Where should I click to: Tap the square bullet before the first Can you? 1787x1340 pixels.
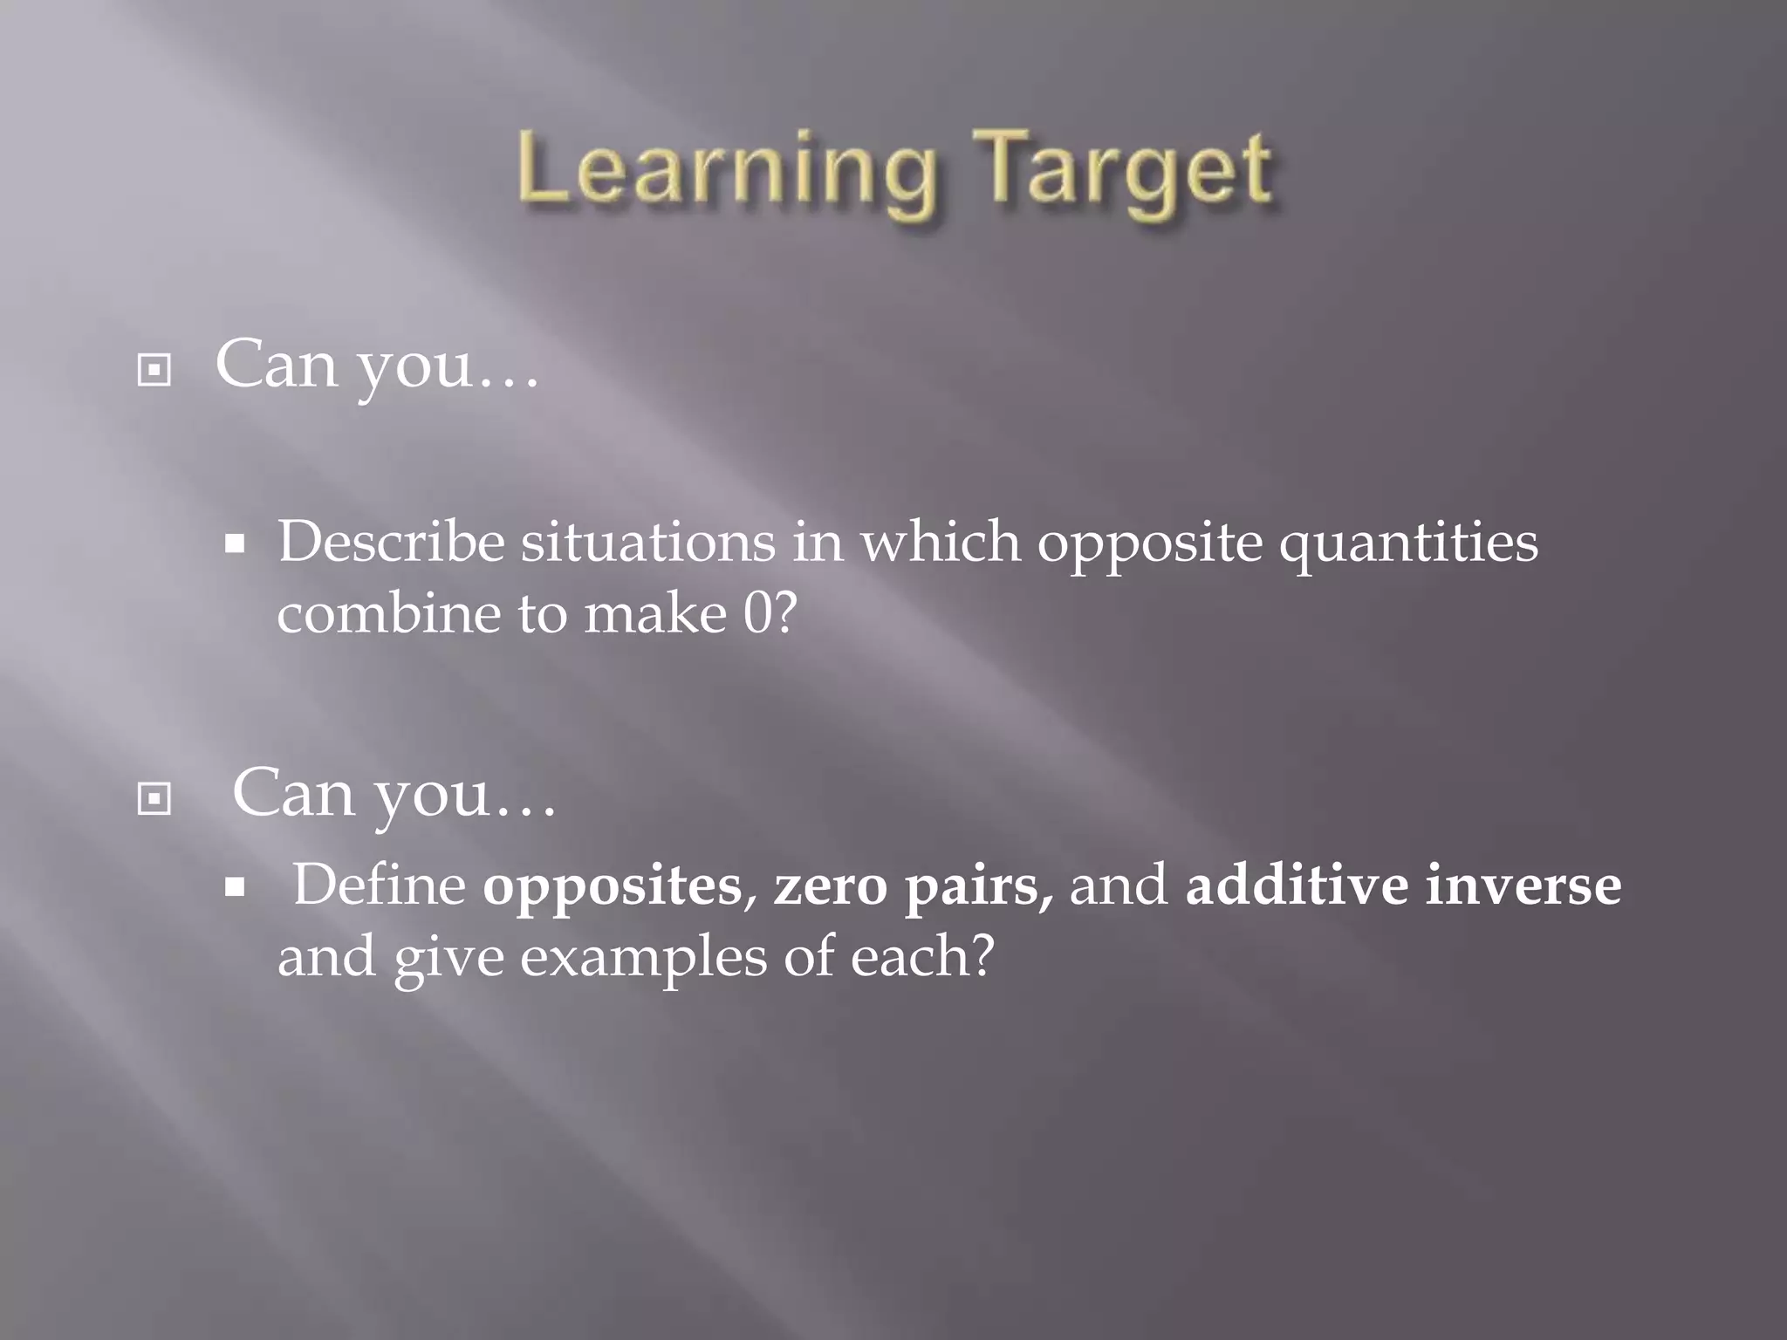tap(154, 371)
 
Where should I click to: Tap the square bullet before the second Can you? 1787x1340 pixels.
tap(154, 798)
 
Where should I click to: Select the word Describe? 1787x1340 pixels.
tap(391, 543)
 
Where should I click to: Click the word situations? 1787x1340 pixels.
tap(647, 543)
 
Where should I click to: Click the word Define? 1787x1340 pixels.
tap(380, 885)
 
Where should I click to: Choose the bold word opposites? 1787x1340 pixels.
tap(612, 886)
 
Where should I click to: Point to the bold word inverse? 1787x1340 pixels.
tap(1523, 885)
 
